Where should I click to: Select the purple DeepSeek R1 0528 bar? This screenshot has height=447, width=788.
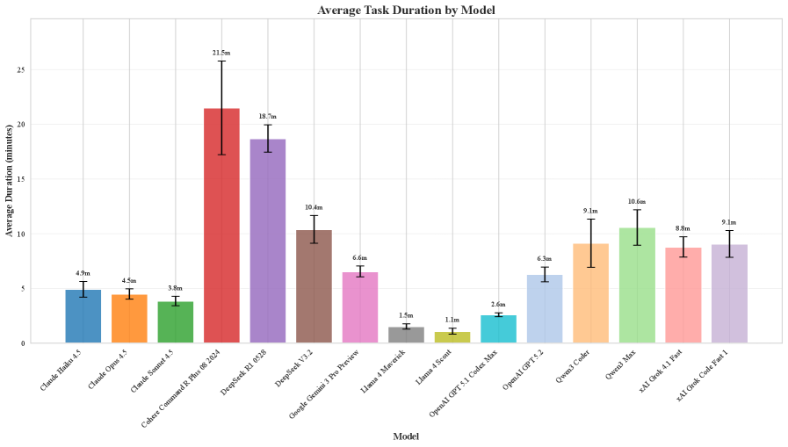click(x=268, y=241)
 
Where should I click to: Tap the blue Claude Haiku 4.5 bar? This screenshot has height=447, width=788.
click(x=83, y=316)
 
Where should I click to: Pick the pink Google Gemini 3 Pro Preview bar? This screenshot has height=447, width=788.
click(x=360, y=307)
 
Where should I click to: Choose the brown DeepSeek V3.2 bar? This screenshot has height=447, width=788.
click(x=314, y=286)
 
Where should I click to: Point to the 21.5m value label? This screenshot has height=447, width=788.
click(x=221, y=53)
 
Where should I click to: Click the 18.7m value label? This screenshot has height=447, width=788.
click(x=268, y=116)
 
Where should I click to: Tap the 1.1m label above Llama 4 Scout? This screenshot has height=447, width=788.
click(x=452, y=321)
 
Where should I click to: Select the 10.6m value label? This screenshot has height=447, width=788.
click(x=637, y=201)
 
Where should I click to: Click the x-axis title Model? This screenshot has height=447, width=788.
click(x=406, y=436)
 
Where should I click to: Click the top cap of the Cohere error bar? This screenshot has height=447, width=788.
click(x=221, y=61)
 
